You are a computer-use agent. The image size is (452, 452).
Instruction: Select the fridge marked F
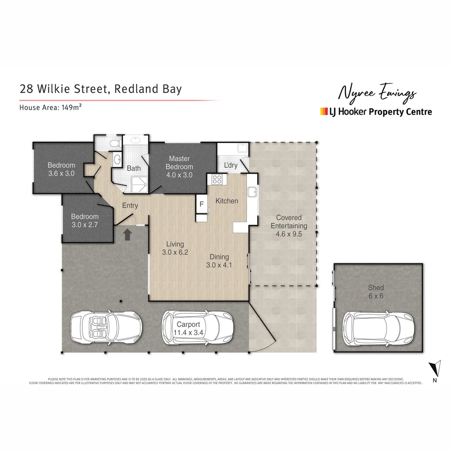pyautogui.click(x=201, y=205)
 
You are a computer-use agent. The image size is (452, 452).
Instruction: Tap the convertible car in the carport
pyautogui.click(x=106, y=329)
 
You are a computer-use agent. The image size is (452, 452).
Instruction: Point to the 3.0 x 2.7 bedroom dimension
pyautogui.click(x=85, y=225)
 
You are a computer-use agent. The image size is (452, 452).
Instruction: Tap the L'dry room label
pyautogui.click(x=231, y=165)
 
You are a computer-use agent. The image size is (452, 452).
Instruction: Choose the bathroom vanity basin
pyautogui.click(x=117, y=159)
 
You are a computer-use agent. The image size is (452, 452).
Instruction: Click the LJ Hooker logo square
pyautogui.click(x=324, y=111)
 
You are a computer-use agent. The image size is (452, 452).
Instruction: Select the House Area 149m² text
pyautogui.click(x=50, y=107)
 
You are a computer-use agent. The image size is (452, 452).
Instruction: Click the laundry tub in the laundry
pyautogui.click(x=242, y=148)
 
